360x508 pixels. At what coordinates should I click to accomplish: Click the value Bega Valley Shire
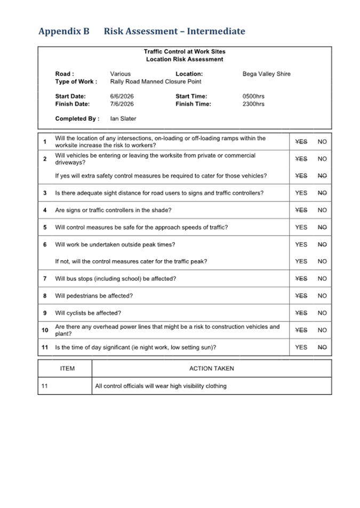(x=266, y=74)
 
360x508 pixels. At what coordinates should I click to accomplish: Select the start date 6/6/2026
(x=122, y=96)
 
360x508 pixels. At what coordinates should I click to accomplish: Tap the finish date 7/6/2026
(x=122, y=104)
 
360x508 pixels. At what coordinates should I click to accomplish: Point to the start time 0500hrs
(x=253, y=96)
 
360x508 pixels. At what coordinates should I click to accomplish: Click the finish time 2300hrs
(x=253, y=104)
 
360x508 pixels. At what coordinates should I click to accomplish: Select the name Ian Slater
(x=123, y=119)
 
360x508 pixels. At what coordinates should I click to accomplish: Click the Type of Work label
(x=76, y=82)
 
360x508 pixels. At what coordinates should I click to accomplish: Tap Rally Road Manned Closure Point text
(x=156, y=82)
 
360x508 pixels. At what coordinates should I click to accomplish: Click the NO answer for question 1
(x=322, y=142)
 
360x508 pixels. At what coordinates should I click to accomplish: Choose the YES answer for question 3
(x=301, y=193)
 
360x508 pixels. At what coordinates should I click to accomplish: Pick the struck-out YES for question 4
(x=301, y=210)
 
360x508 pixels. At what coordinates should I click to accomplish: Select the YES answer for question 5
(x=301, y=227)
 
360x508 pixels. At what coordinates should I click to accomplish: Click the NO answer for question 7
(x=322, y=279)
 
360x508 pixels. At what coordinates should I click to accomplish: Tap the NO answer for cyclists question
(x=322, y=313)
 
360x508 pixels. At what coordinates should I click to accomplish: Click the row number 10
(x=45, y=330)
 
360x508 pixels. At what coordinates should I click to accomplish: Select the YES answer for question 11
(x=301, y=347)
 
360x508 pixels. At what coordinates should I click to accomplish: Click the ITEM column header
(x=67, y=368)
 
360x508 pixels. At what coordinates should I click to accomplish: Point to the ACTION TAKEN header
(x=211, y=368)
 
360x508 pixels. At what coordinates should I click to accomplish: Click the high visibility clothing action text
(x=161, y=386)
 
